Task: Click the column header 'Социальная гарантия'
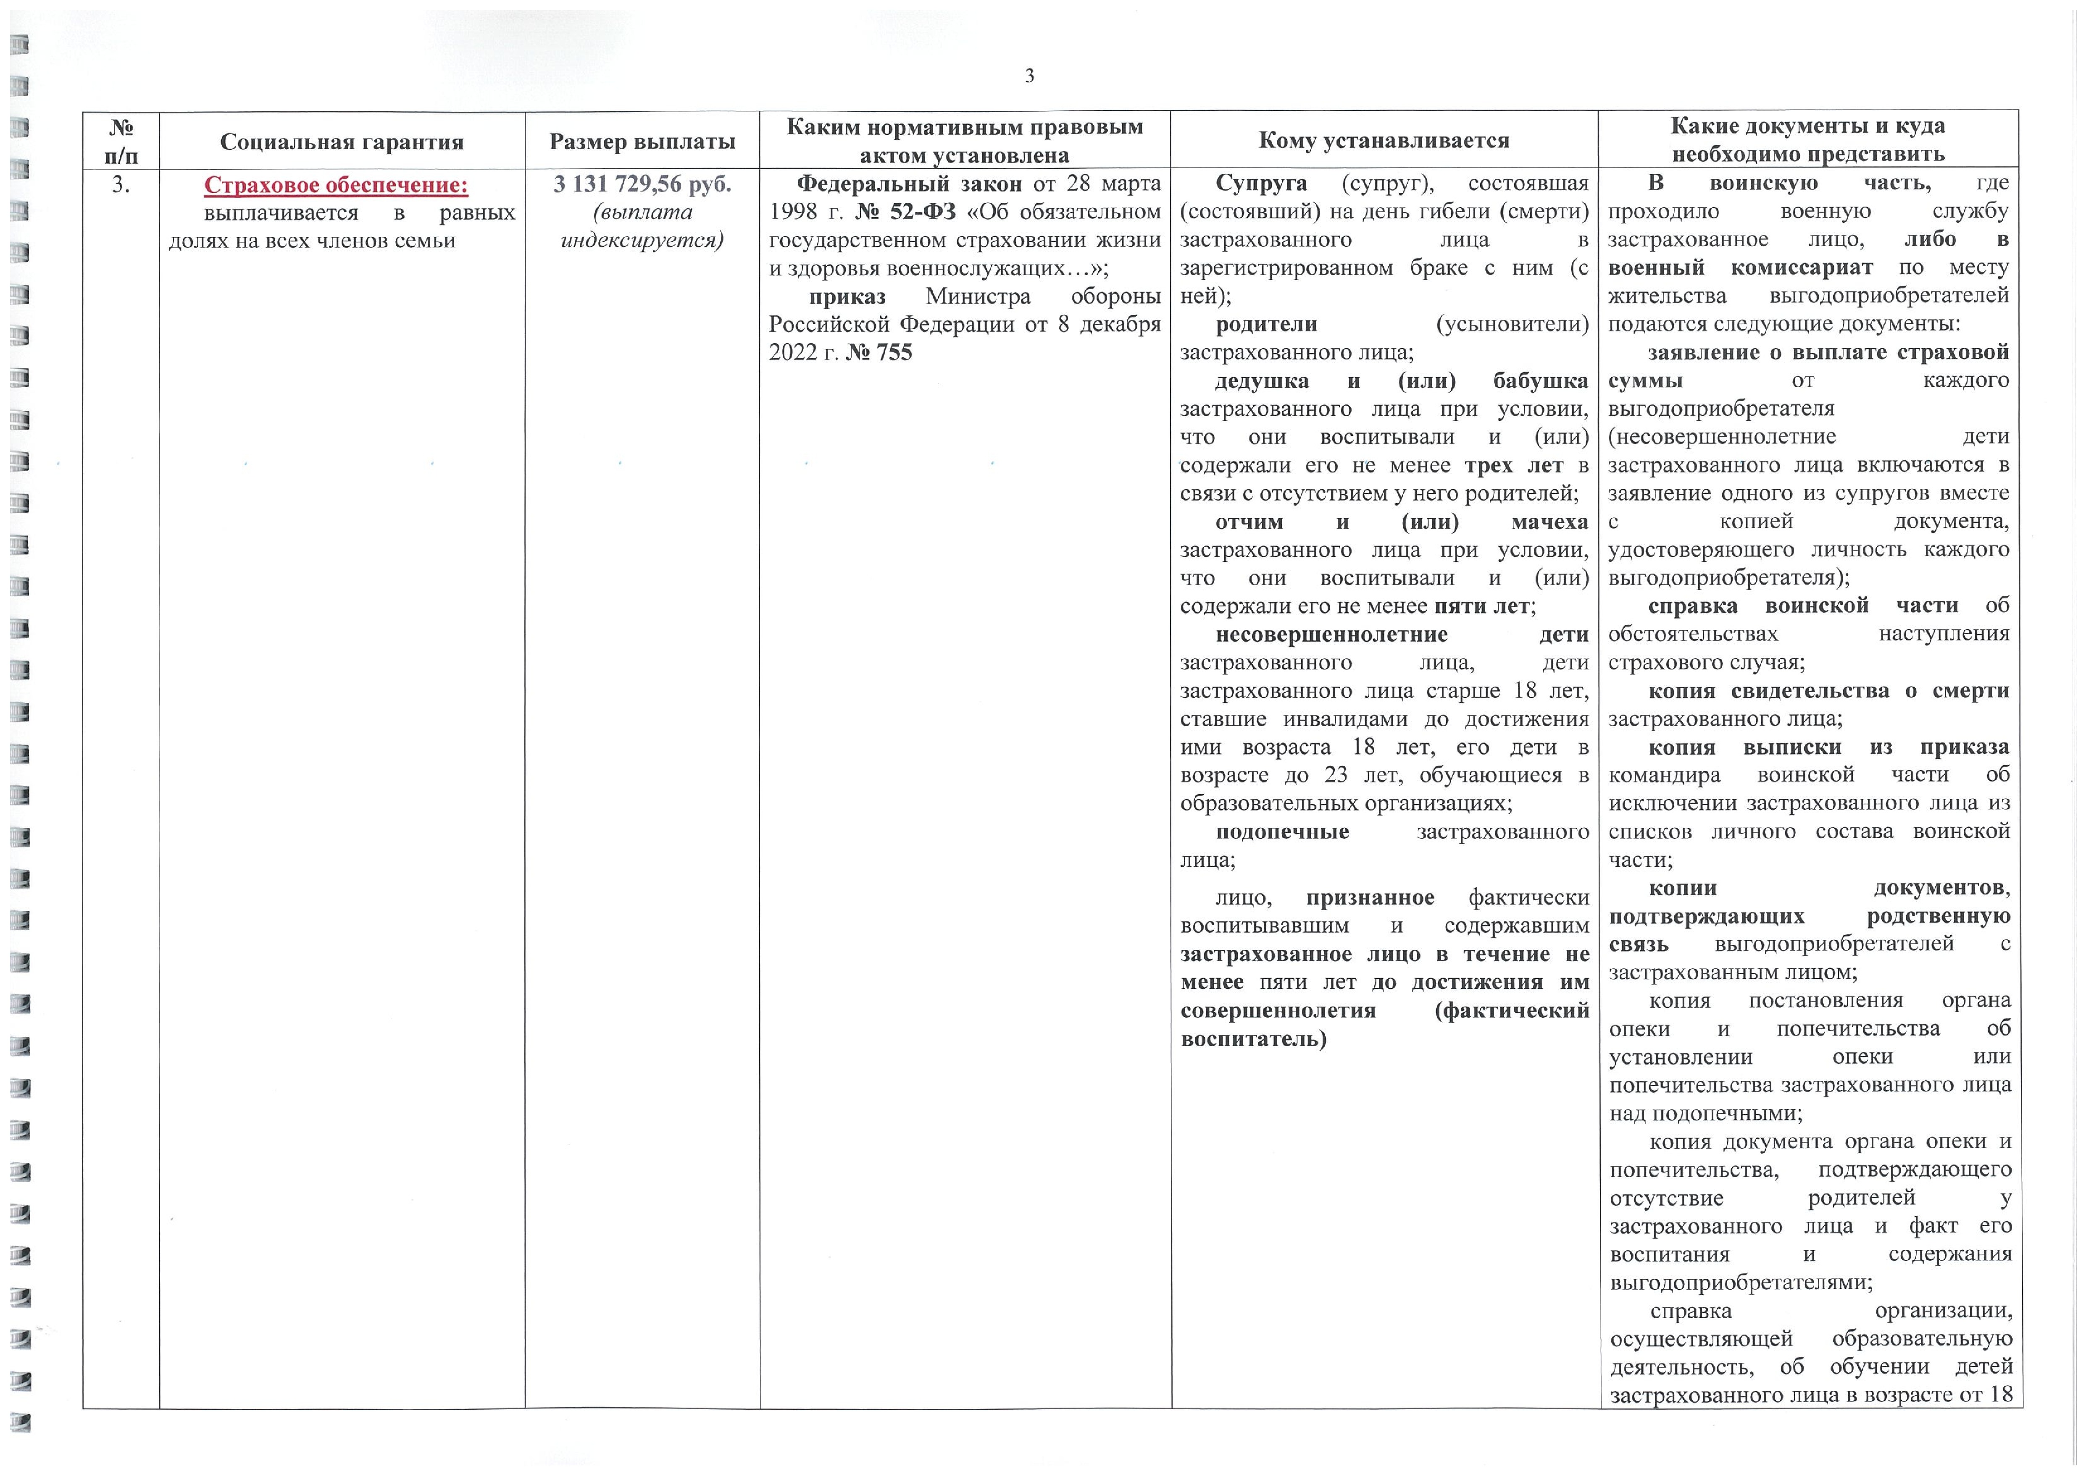(x=342, y=142)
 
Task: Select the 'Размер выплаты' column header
(x=642, y=142)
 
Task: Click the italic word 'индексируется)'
(x=642, y=241)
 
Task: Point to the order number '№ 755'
(x=879, y=352)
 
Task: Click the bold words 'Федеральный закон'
(x=908, y=184)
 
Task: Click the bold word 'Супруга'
(x=1261, y=184)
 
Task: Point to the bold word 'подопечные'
(x=1282, y=832)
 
